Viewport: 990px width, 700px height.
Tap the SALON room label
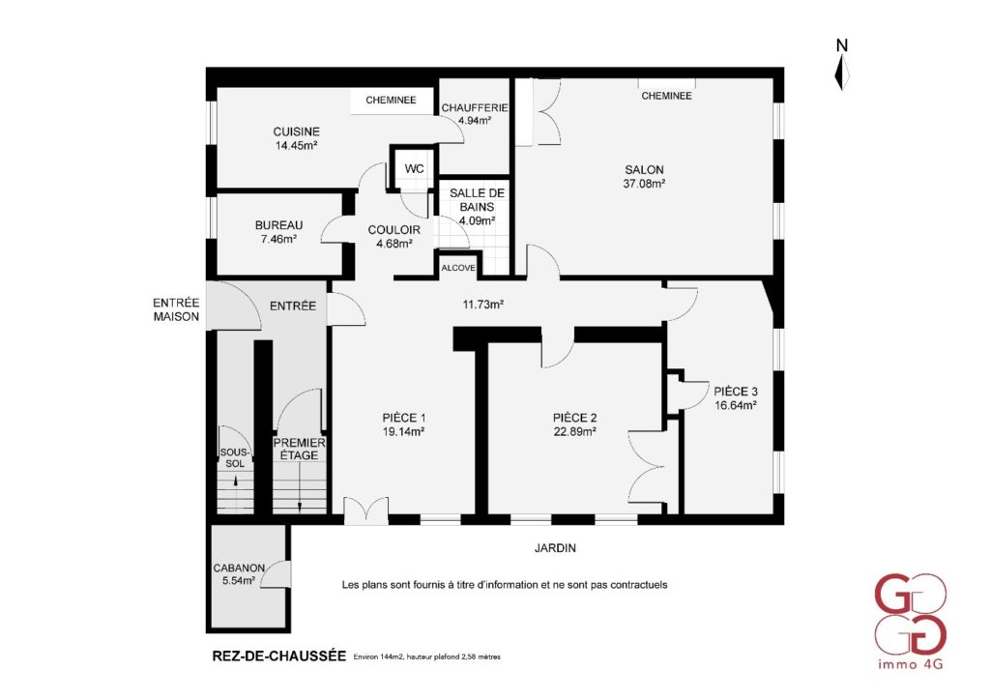pyautogui.click(x=644, y=170)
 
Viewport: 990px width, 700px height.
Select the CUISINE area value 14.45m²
pyautogui.click(x=296, y=145)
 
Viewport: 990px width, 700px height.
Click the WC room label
pyautogui.click(x=414, y=168)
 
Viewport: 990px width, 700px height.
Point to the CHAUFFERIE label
pyautogui.click(x=474, y=108)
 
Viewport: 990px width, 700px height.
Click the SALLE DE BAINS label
pyautogui.click(x=477, y=199)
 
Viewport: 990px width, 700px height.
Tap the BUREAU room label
pyautogui.click(x=278, y=224)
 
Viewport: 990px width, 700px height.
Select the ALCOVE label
pyautogui.click(x=458, y=268)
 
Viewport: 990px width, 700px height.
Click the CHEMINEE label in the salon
pyautogui.click(x=666, y=96)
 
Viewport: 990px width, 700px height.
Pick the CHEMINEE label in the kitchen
pyautogui.click(x=391, y=100)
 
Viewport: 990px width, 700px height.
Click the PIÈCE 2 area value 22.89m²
pyautogui.click(x=575, y=432)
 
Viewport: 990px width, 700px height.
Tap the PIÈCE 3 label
pyautogui.click(x=736, y=392)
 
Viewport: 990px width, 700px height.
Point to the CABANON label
pyautogui.click(x=239, y=569)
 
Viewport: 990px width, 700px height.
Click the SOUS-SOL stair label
pyautogui.click(x=235, y=458)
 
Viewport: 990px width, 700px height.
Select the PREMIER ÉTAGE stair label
pyautogui.click(x=300, y=449)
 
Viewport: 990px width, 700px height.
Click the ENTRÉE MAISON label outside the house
pyautogui.click(x=176, y=310)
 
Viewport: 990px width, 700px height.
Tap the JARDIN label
pyautogui.click(x=555, y=548)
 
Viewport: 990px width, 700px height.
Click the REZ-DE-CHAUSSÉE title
pyautogui.click(x=279, y=656)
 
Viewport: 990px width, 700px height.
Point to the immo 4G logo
pyautogui.click(x=910, y=621)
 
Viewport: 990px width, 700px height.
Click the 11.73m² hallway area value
pyautogui.click(x=483, y=305)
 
